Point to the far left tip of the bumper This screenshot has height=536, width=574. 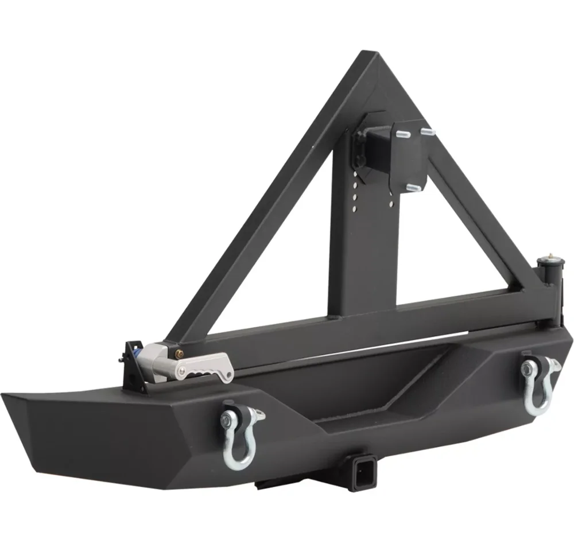5,394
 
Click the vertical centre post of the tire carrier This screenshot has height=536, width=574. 350,253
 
